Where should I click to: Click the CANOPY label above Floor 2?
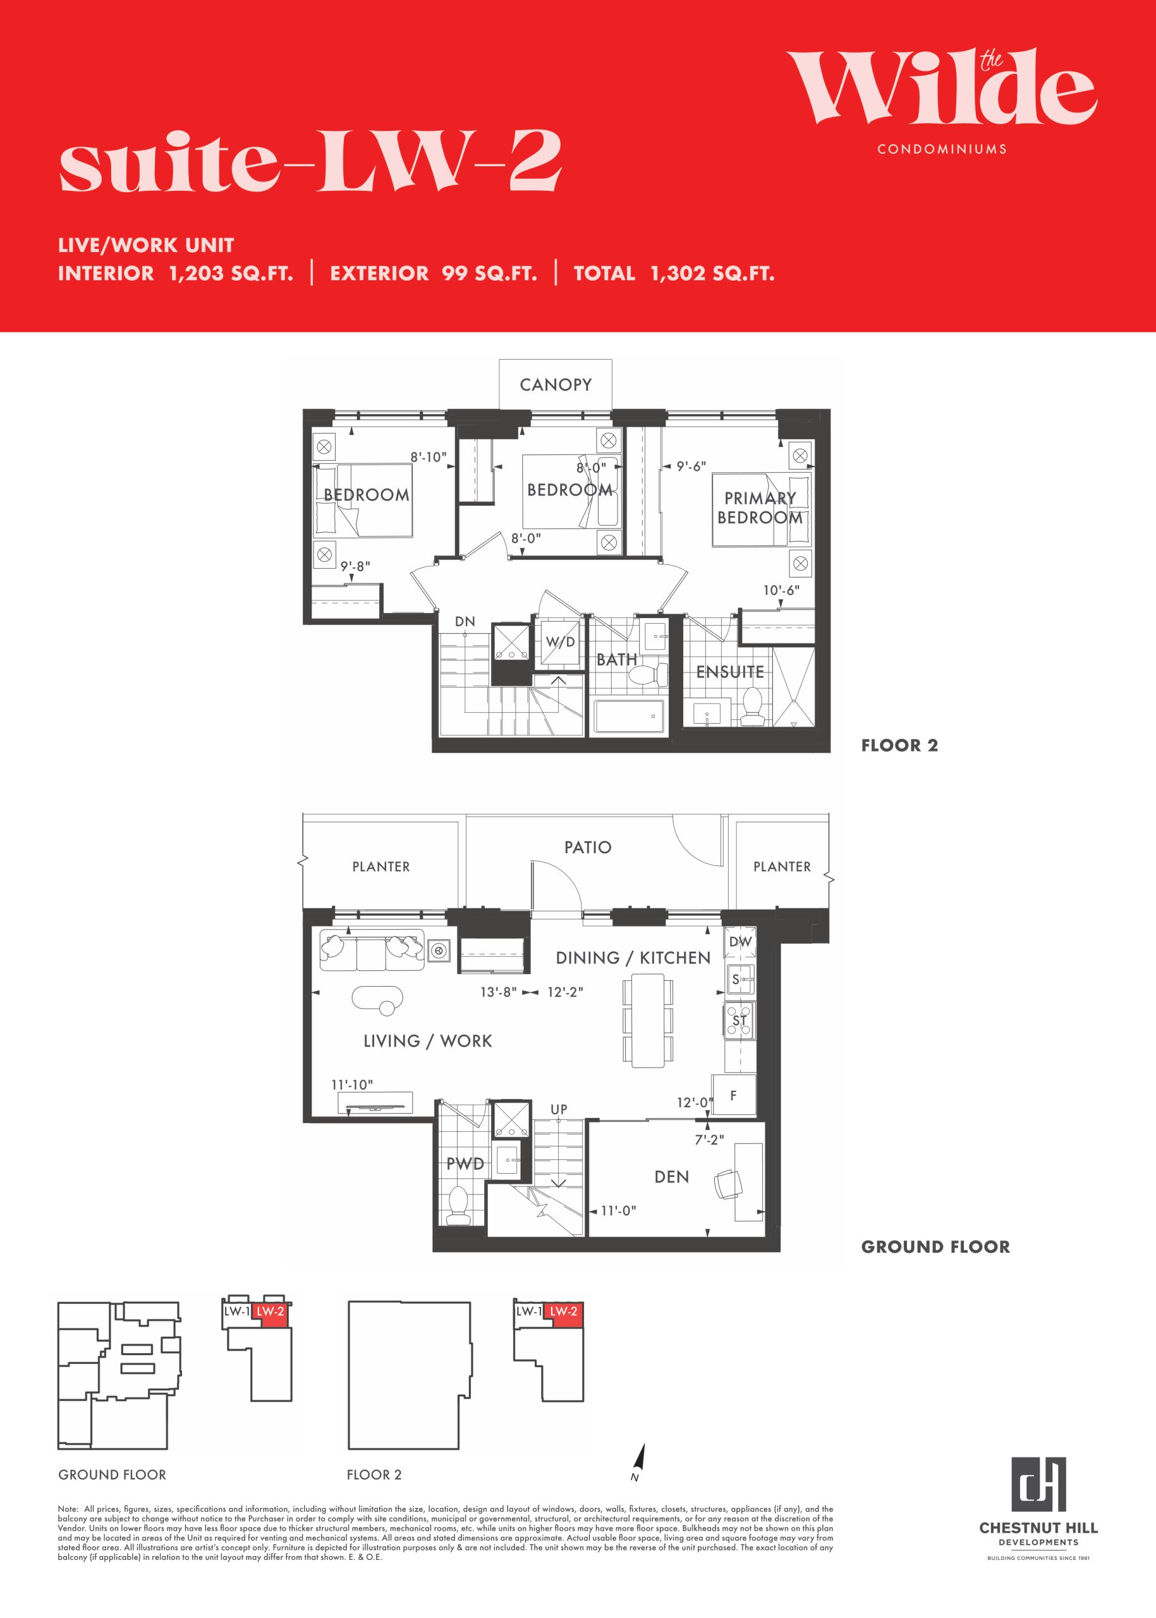[555, 384]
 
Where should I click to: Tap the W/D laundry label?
[560, 642]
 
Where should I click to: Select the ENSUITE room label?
[729, 672]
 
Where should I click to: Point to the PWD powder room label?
[465, 1164]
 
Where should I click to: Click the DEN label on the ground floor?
[671, 1177]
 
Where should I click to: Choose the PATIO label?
[587, 847]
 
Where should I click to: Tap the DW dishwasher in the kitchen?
[740, 941]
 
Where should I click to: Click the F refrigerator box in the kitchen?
[733, 1096]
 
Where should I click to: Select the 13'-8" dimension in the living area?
[498, 992]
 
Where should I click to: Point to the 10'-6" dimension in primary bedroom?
[781, 590]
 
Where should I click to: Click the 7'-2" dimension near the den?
[710, 1139]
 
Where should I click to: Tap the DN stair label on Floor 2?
[465, 621]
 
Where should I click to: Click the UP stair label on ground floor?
[559, 1109]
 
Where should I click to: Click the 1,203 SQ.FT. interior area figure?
[231, 273]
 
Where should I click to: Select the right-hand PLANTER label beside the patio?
[782, 867]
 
